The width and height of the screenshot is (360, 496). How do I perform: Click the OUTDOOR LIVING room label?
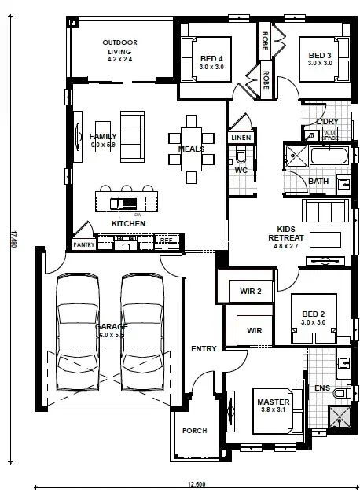(120, 48)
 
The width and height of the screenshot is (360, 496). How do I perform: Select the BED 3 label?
(319, 57)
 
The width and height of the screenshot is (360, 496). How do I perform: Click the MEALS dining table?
(191, 149)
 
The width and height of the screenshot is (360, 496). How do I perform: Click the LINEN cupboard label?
(240, 138)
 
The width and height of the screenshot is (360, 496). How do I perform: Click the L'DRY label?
(326, 122)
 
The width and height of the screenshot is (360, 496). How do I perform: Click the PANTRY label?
(83, 245)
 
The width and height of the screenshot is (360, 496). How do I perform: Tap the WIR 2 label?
(250, 292)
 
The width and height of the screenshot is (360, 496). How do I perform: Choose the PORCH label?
(194, 430)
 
